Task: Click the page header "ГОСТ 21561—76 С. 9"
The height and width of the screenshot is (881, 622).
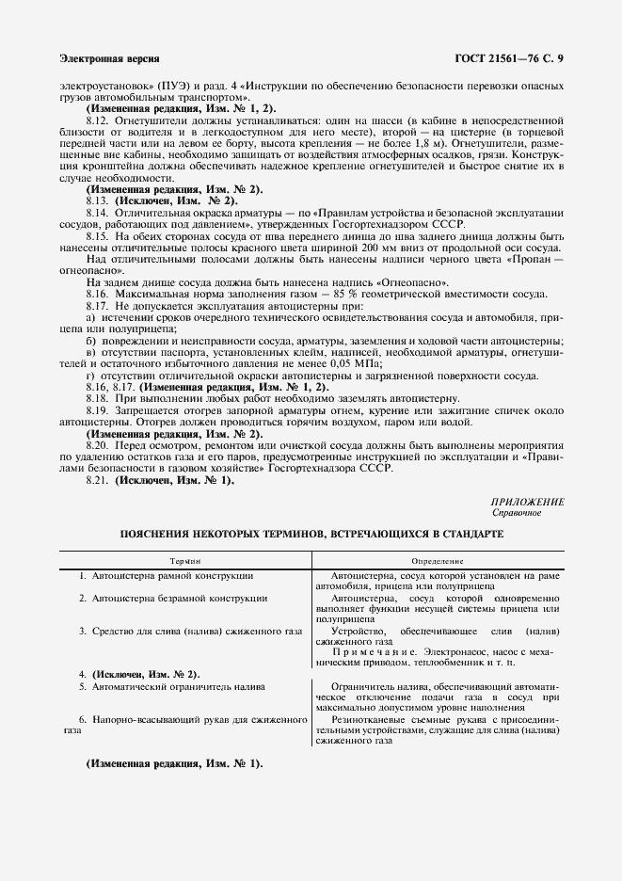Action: (516, 58)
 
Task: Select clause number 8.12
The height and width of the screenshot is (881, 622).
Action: (98, 121)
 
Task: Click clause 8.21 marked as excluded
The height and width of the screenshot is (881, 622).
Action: (98, 480)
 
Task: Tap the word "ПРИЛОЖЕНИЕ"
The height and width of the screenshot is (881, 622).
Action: (528, 503)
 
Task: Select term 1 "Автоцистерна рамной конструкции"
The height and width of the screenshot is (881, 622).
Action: (165, 575)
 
